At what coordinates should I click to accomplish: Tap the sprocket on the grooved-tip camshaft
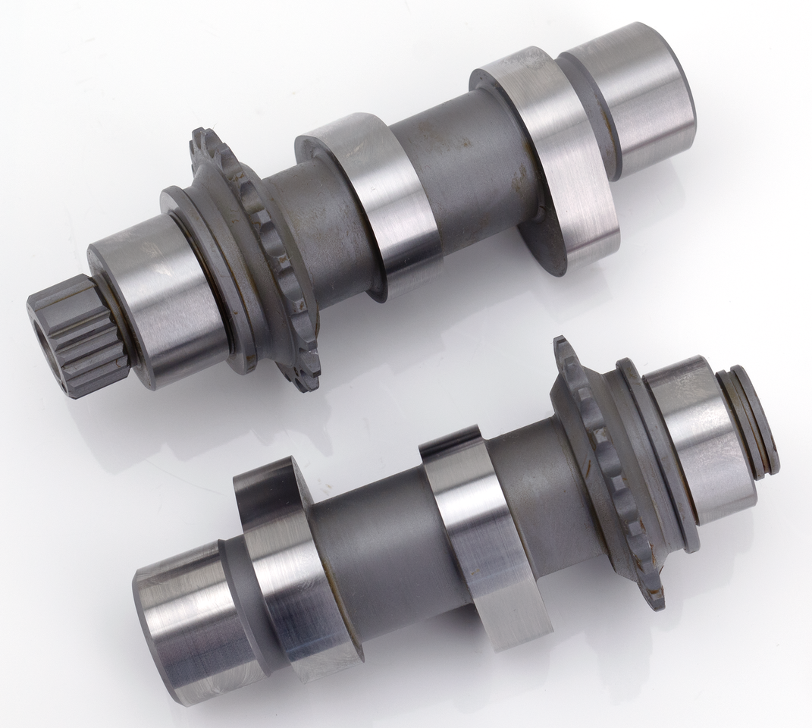pyautogui.click(x=607, y=470)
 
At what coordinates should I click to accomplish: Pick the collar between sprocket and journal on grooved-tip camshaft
pyautogui.click(x=656, y=455)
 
